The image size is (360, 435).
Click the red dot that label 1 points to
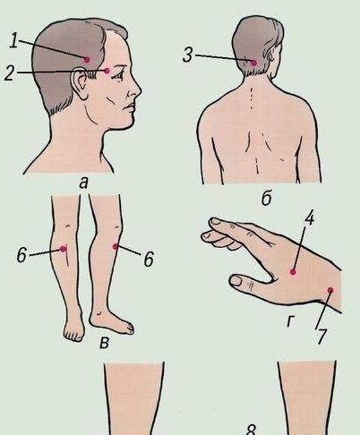[x=87, y=60]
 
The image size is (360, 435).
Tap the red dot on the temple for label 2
[x=107, y=71]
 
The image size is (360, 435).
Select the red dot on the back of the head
[x=253, y=63]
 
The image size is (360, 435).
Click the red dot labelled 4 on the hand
[x=293, y=272]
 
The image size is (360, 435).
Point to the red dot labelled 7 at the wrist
[x=330, y=290]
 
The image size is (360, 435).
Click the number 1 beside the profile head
[x=13, y=40]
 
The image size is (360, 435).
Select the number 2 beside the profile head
[x=9, y=73]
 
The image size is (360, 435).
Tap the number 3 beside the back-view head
[x=187, y=55]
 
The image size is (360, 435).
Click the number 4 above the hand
[x=309, y=218]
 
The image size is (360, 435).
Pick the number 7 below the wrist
[x=321, y=337]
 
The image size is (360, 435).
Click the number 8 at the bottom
[x=252, y=430]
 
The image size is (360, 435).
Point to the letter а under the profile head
[x=84, y=183]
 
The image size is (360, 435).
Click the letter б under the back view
[x=267, y=198]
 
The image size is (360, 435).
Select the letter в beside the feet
[x=104, y=343]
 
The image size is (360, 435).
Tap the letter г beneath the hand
[x=290, y=321]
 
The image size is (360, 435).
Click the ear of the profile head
[x=79, y=83]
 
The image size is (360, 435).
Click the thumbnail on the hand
[x=237, y=280]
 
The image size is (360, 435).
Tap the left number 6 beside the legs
[x=21, y=255]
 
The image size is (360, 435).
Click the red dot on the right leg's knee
[x=116, y=246]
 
